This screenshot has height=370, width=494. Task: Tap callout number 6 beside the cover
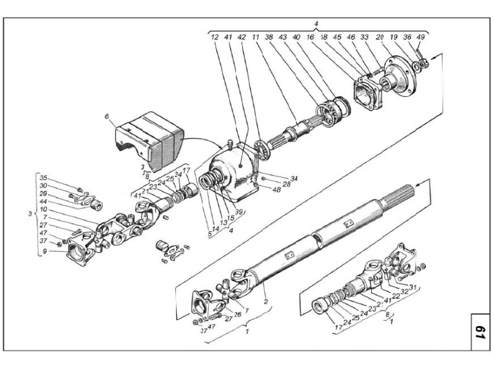[106, 117]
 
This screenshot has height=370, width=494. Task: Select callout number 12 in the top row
[215, 38]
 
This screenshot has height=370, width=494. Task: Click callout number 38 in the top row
[269, 38]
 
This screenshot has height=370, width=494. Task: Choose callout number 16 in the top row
[310, 38]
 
